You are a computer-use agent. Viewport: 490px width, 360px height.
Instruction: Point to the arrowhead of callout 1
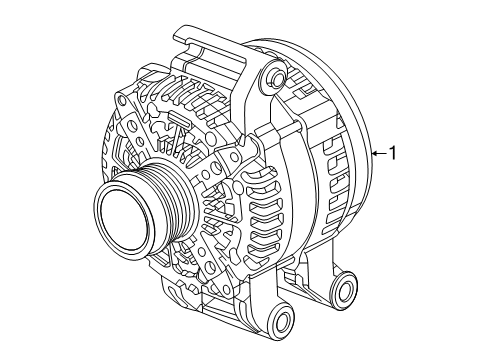(x=371, y=153)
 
